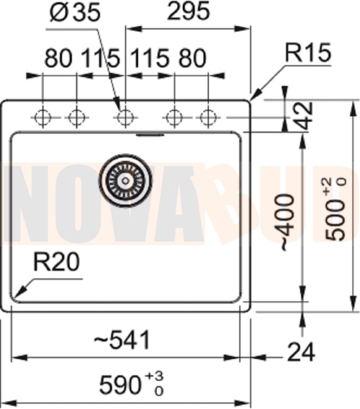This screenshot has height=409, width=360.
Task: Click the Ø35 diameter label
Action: (74, 13)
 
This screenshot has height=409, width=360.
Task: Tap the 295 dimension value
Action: (188, 11)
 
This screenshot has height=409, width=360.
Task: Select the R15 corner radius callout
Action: (308, 52)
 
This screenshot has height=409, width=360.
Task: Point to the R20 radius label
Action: (56, 262)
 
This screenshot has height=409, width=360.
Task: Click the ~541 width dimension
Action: (122, 340)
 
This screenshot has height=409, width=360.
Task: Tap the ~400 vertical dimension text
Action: (287, 222)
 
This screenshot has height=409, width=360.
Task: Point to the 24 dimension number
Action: (301, 352)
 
